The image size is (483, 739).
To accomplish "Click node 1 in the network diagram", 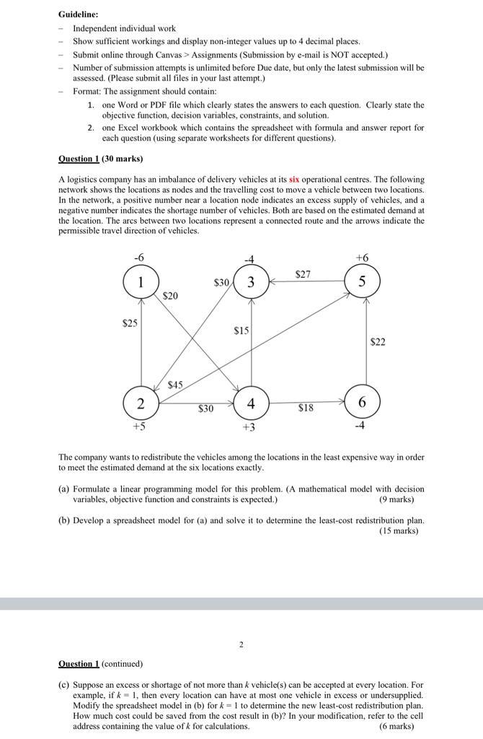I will pyautogui.click(x=141, y=282).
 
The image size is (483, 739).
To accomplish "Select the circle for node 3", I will pyautogui.click(x=251, y=282).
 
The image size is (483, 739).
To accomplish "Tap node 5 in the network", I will pyautogui.click(x=362, y=281).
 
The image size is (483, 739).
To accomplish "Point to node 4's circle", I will pyautogui.click(x=251, y=403).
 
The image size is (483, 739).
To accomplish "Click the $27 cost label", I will pyautogui.click(x=303, y=274).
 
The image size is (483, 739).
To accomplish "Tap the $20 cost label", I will pyautogui.click(x=170, y=296).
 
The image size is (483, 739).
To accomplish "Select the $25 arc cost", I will pyautogui.click(x=130, y=323).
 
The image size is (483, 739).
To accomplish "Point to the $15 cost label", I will pyautogui.click(x=241, y=331).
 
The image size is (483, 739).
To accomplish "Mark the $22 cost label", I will pyautogui.click(x=378, y=342).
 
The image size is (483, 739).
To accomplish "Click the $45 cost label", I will pyautogui.click(x=175, y=385).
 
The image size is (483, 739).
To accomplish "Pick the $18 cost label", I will pyautogui.click(x=306, y=408).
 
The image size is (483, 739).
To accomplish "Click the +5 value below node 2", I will pyautogui.click(x=140, y=427).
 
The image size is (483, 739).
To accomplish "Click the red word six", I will pyautogui.click(x=294, y=179).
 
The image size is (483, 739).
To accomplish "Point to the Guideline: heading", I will pyautogui.click(x=78, y=14).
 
